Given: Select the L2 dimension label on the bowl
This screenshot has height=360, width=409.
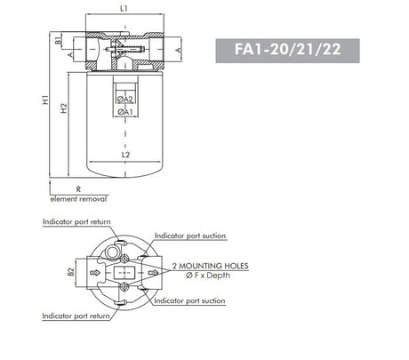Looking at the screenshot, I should pyautogui.click(x=125, y=154).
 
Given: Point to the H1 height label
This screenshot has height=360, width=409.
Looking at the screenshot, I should pyautogui.click(x=44, y=102).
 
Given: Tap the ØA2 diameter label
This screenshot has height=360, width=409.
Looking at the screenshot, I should pyautogui.click(x=125, y=100).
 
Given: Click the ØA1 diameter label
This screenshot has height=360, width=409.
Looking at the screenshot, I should pyautogui.click(x=125, y=112).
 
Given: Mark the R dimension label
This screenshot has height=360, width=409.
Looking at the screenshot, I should pyautogui.click(x=78, y=189).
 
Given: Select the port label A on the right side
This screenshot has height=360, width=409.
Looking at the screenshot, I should pyautogui.click(x=178, y=51).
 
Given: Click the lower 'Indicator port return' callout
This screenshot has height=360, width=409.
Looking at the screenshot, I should pyautogui.click(x=76, y=316).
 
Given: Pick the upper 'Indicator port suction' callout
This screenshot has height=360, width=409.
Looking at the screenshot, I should pyautogui.click(x=190, y=236).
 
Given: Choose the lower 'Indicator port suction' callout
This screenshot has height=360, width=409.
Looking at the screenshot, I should pyautogui.click(x=190, y=301).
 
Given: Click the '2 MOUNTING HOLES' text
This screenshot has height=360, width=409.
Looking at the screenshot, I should pyautogui.click(x=211, y=266).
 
